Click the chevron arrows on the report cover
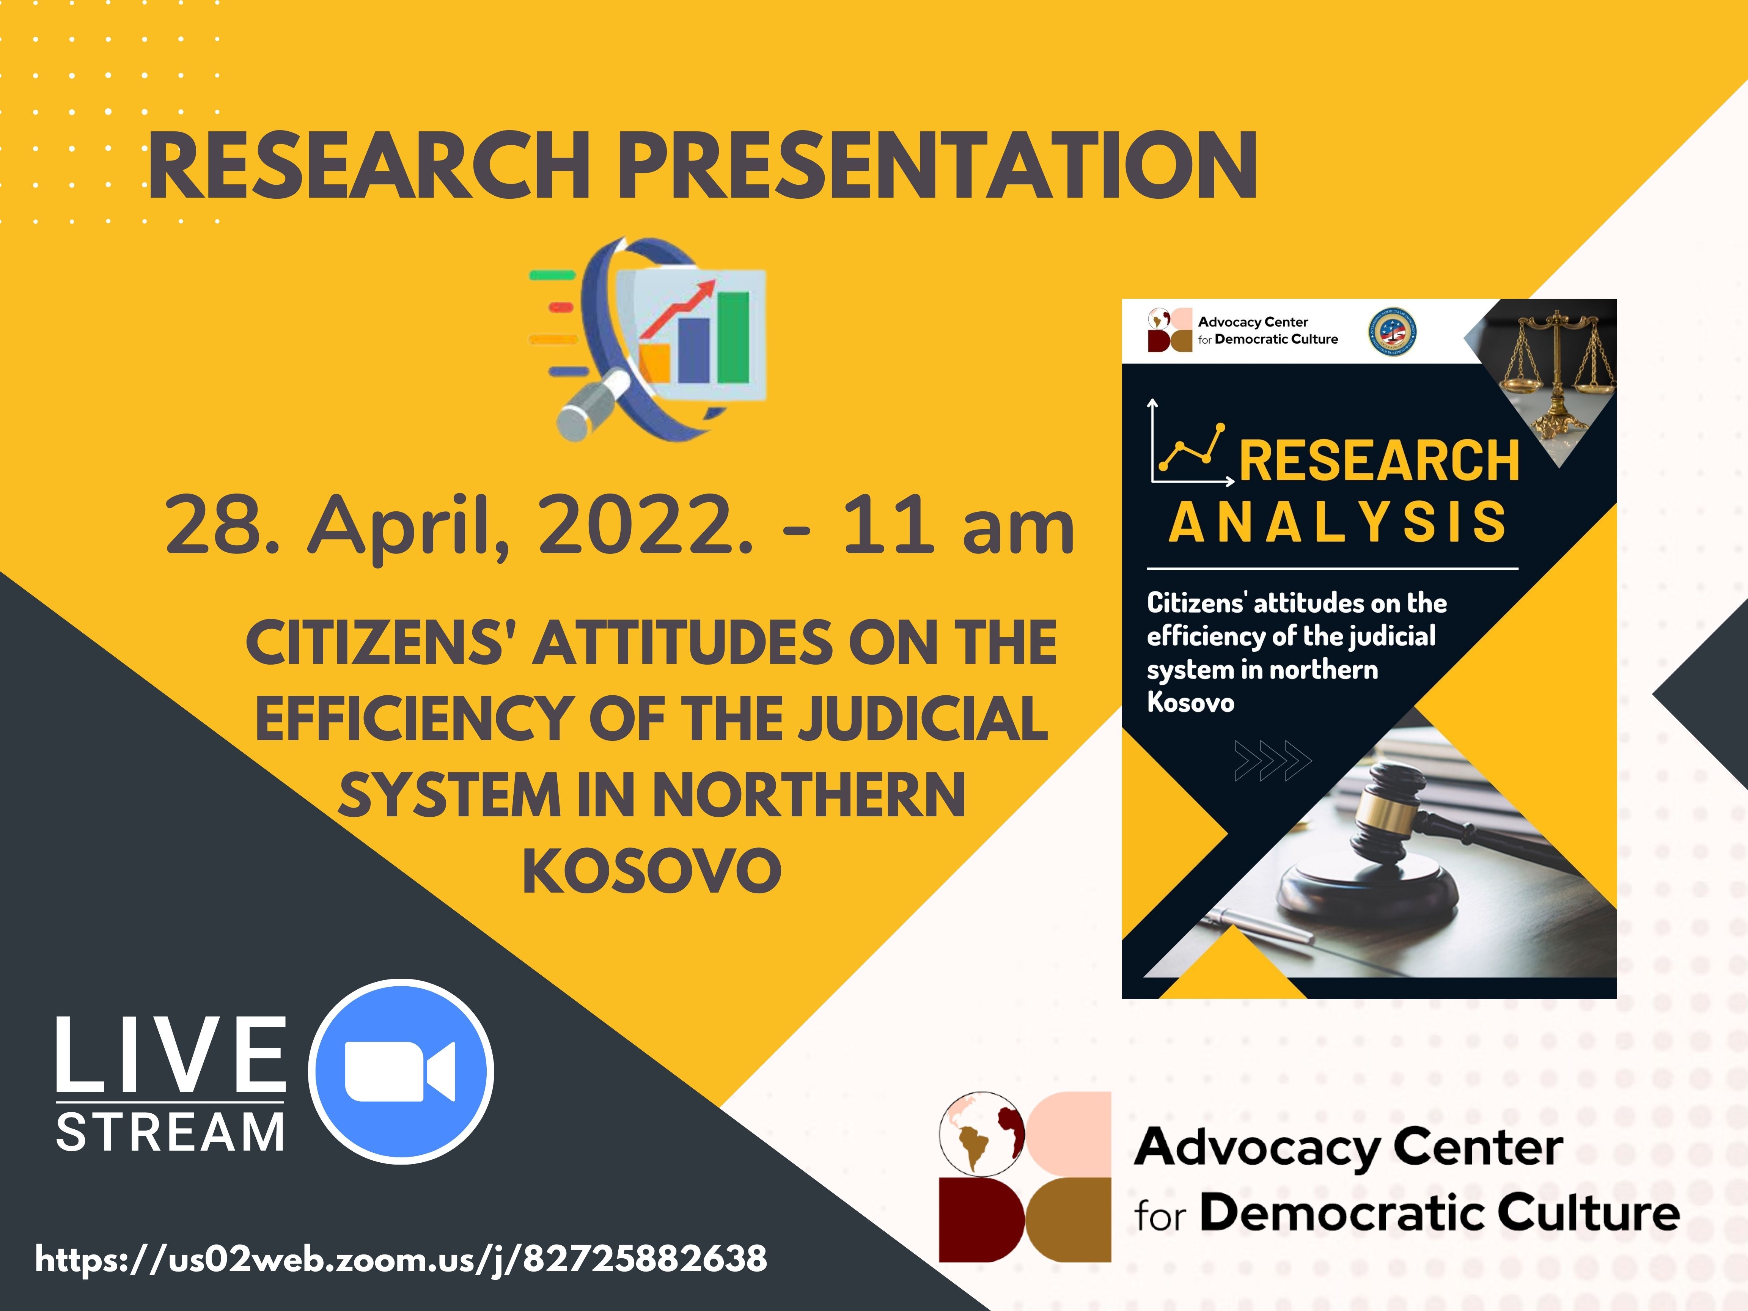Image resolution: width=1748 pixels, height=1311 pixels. [1272, 760]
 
